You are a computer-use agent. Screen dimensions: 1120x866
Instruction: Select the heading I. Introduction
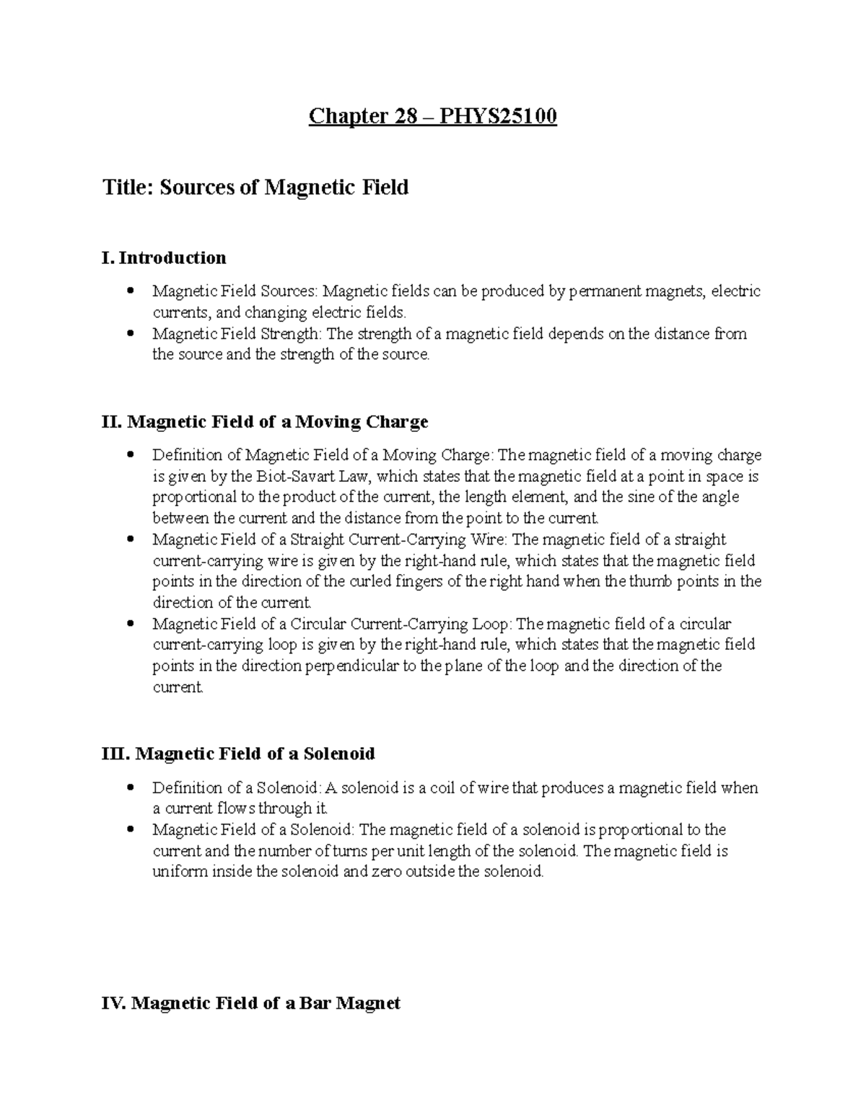[165, 257]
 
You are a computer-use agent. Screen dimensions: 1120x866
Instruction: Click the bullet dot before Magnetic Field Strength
[131, 333]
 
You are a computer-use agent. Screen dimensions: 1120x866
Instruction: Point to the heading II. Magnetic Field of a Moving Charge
[266, 421]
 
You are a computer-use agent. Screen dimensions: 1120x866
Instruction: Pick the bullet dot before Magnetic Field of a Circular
[131, 623]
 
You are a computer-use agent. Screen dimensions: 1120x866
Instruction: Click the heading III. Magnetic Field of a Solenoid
[239, 754]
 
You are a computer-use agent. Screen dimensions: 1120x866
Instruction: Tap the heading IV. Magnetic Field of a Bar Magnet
[251, 1003]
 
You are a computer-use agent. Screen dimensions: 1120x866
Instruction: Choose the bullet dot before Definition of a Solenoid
[131, 788]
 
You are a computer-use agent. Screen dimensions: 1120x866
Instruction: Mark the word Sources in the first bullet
[287, 291]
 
